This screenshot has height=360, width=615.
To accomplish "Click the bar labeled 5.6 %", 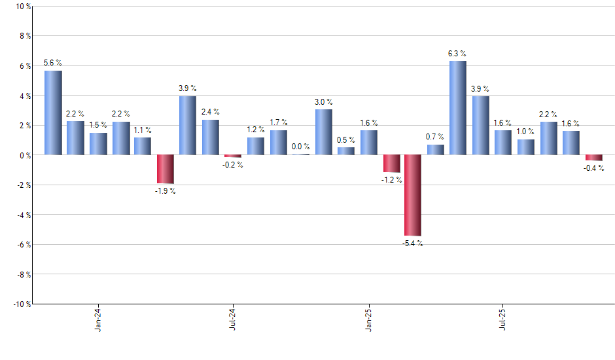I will click(53, 113).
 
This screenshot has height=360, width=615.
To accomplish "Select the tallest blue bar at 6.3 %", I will click(458, 108).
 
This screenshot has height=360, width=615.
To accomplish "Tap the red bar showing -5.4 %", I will click(413, 195).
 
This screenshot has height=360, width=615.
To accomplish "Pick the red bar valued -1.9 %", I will click(166, 169).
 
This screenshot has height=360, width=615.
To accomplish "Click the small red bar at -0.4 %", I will click(593, 158).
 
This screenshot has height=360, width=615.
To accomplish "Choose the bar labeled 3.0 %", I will click(323, 132).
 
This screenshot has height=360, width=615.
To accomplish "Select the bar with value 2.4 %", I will click(211, 137).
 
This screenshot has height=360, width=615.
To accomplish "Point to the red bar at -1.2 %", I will click(391, 164).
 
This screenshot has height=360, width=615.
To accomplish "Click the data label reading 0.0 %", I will click(301, 147).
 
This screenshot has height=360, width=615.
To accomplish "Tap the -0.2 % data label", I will click(233, 165).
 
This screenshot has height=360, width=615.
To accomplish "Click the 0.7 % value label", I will click(435, 137).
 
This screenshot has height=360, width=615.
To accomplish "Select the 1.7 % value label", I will click(279, 122).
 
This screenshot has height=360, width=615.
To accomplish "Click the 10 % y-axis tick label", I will click(22, 7).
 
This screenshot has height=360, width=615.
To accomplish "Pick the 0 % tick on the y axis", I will click(24, 155).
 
